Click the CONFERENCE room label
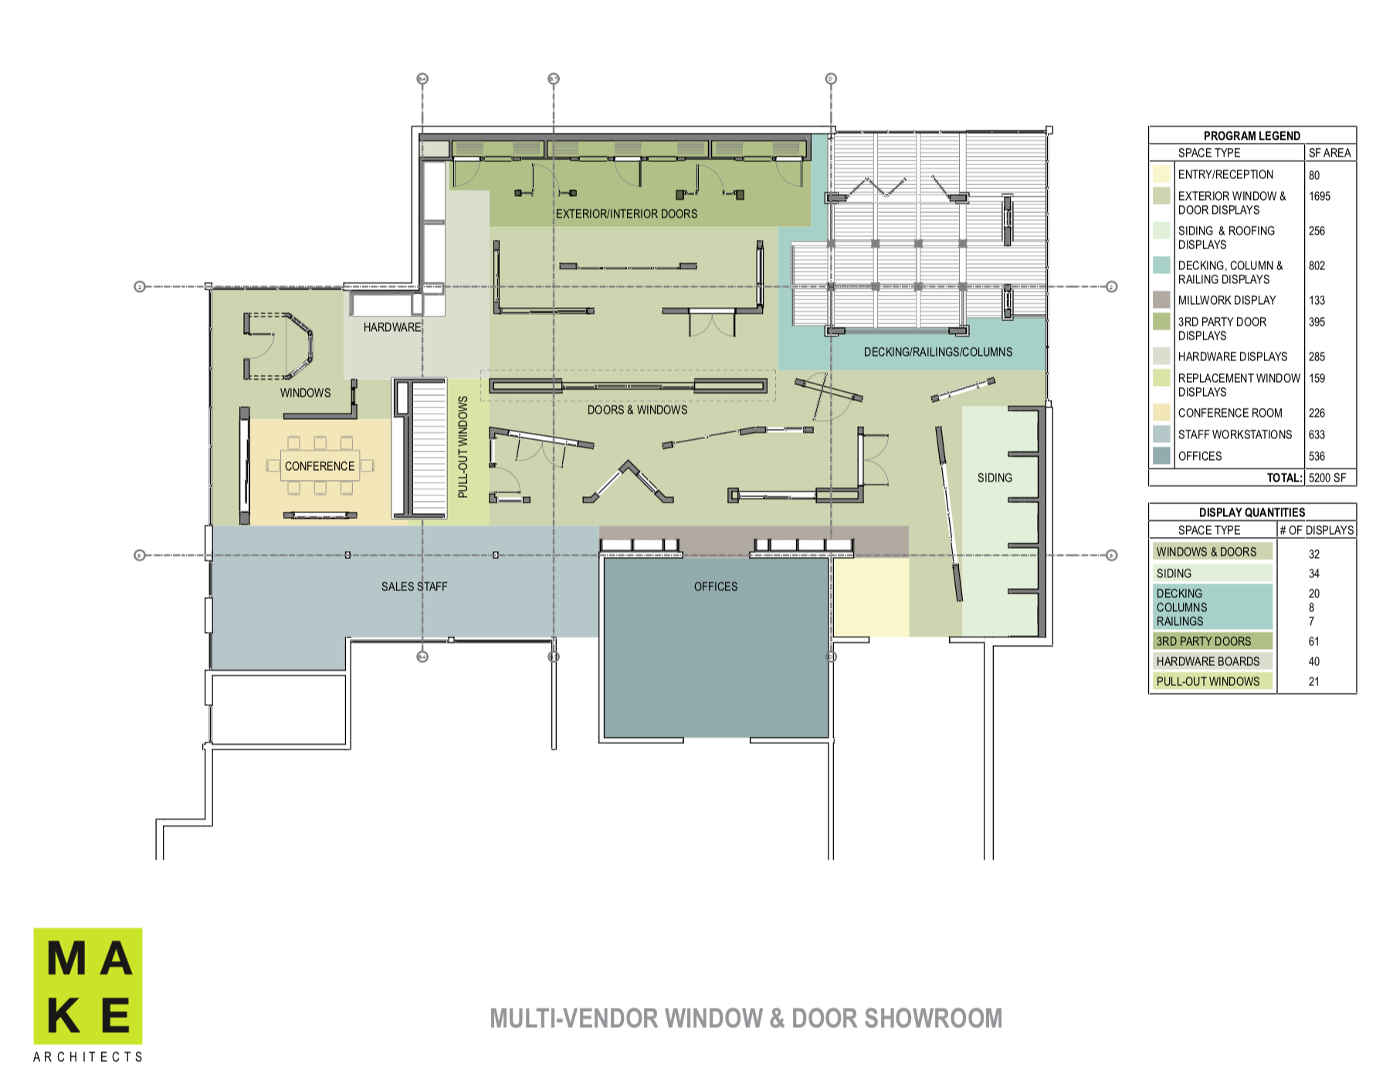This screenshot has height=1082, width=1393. click(320, 466)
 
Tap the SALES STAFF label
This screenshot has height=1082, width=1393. click(414, 587)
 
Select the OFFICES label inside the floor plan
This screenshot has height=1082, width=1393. click(715, 587)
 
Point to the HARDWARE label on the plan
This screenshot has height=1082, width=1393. click(392, 327)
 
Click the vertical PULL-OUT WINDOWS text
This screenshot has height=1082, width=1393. click(463, 447)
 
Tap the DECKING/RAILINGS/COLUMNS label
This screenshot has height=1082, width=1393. click(937, 352)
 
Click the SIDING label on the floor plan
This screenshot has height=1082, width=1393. click(995, 478)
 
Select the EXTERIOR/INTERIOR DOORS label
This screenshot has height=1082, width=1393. click(626, 214)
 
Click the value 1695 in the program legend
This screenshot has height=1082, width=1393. click(1320, 196)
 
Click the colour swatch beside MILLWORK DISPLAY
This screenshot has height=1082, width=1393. click(1161, 300)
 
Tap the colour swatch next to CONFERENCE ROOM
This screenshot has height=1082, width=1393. click(1161, 413)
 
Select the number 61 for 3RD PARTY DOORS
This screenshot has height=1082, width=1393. click(1313, 641)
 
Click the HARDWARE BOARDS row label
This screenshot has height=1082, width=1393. click(1208, 661)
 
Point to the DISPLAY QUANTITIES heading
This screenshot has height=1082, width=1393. click(1252, 512)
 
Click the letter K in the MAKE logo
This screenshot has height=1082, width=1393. click(63, 1015)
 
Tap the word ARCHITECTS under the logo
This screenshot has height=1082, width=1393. click(88, 1057)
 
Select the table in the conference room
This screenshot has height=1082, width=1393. click(320, 465)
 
